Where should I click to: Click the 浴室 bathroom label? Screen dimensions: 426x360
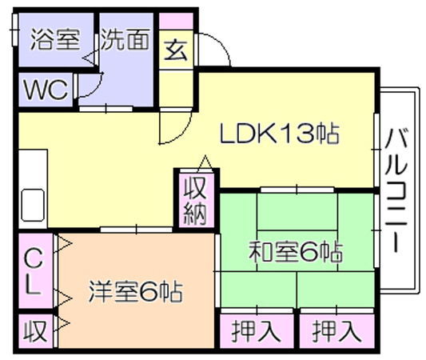point(55,39)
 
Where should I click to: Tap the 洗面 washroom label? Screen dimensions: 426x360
point(125,39)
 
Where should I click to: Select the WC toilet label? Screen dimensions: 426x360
point(46,89)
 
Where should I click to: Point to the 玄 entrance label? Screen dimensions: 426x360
point(176,50)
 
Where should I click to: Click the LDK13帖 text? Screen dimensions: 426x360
point(280,134)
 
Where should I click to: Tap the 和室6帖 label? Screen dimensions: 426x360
point(296,252)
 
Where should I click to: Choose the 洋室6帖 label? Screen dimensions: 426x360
point(135,292)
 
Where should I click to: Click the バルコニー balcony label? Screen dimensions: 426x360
point(397,190)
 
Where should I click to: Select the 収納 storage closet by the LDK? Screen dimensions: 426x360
point(196,200)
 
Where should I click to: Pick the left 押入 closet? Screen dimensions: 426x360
point(257,331)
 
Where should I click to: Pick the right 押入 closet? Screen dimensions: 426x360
point(337,331)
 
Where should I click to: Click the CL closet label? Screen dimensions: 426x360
point(34,272)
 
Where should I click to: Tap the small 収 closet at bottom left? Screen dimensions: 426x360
point(35,331)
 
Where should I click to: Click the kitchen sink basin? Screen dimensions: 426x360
point(33,206)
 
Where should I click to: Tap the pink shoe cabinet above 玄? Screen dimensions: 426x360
point(176,22)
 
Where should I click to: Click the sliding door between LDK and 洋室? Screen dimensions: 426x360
point(137,230)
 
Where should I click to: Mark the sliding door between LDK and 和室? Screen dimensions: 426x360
point(297,190)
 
